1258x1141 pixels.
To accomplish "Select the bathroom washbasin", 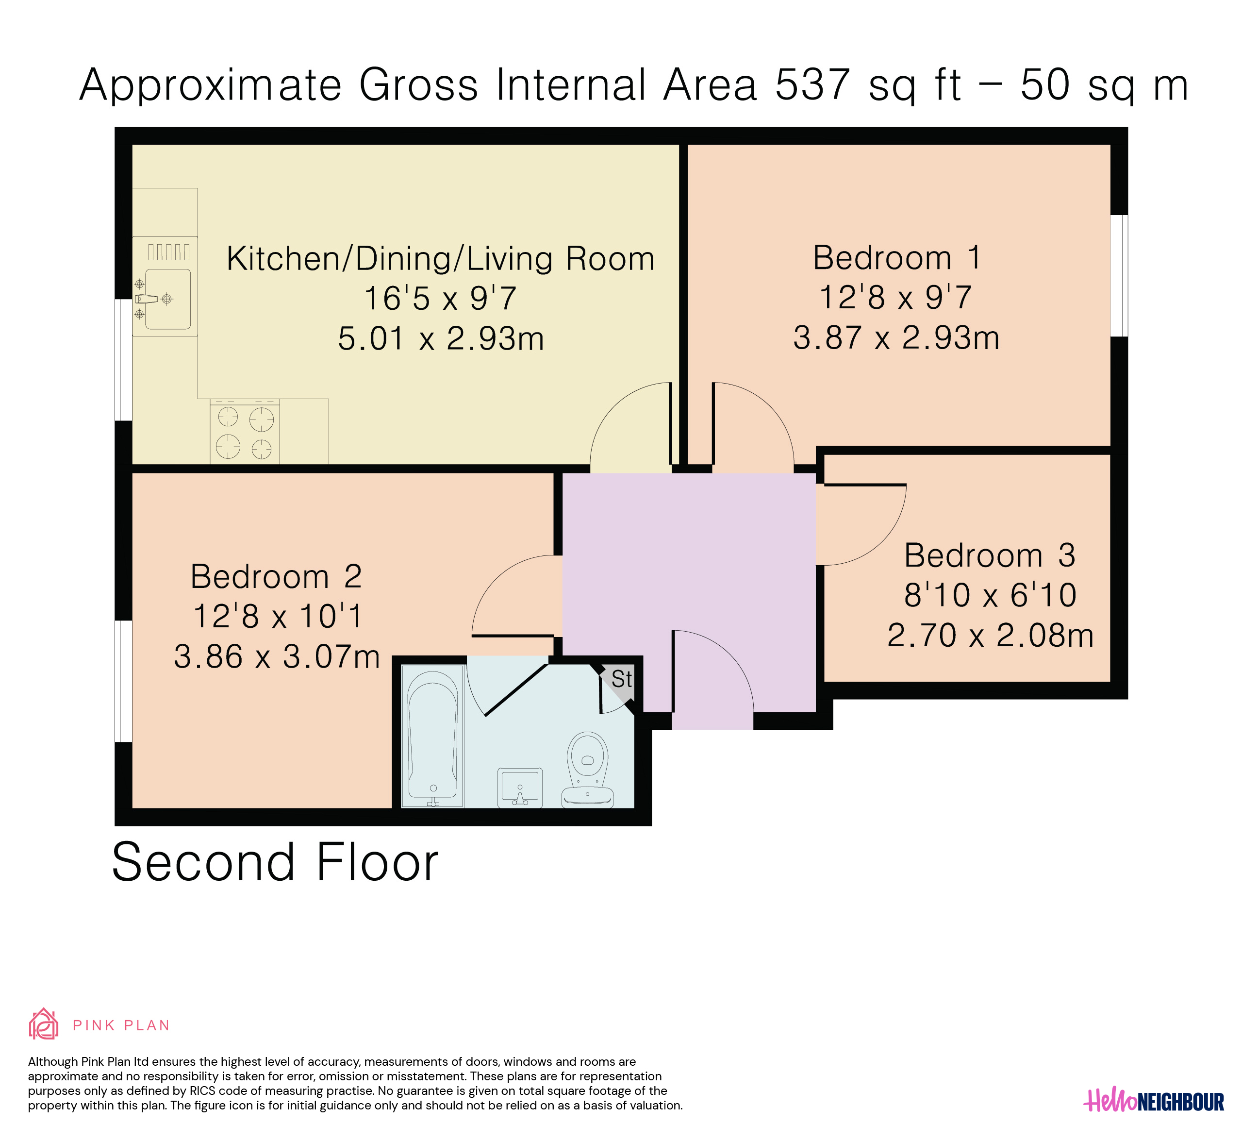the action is pyautogui.click(x=520, y=788).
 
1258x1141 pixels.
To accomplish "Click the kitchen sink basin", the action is pyautogui.click(x=168, y=299).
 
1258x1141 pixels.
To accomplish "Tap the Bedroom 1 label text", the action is pyautogui.click(x=897, y=258).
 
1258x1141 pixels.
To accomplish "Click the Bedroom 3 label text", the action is pyautogui.click(x=990, y=555).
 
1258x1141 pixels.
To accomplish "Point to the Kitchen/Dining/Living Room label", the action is pyautogui.click(x=441, y=259).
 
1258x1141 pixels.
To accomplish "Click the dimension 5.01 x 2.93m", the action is pyautogui.click(x=441, y=339).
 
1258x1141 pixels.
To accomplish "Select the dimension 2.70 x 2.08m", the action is pyautogui.click(x=990, y=636).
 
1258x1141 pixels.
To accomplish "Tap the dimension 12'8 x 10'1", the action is pyautogui.click(x=278, y=617).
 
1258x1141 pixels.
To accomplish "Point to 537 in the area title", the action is pyautogui.click(x=812, y=84).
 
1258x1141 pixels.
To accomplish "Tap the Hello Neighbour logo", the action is pyautogui.click(x=1154, y=1101).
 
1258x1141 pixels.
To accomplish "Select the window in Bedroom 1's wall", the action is pyautogui.click(x=1120, y=276).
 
